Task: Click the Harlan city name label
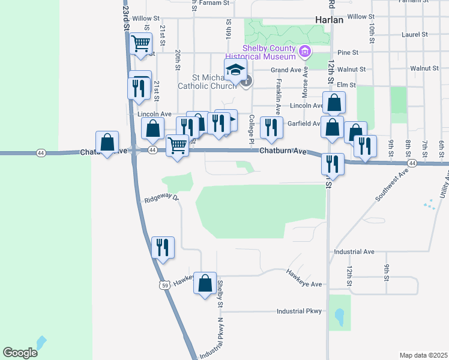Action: coord(329,20)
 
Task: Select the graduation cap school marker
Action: coord(236,70)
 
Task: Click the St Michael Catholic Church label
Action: coord(202,82)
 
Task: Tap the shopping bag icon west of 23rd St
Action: coord(107,143)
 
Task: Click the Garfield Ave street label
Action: coord(304,124)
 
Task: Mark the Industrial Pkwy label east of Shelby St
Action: coord(299,311)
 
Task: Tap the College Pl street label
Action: coord(252,128)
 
